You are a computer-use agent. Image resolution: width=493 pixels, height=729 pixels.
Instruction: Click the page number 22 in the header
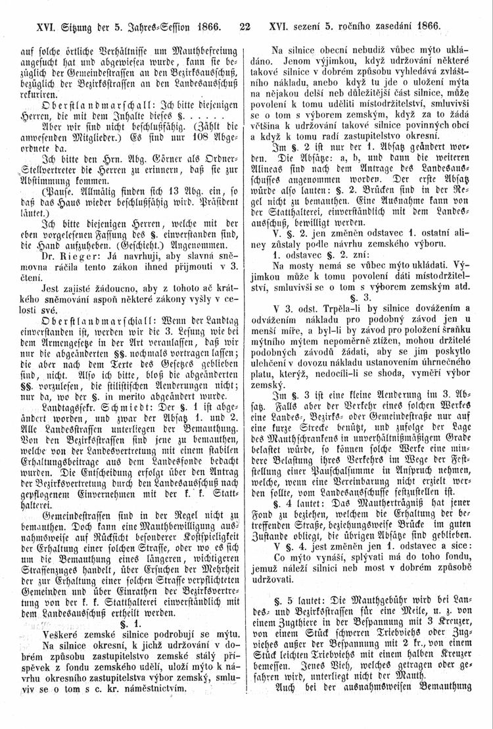tap(246, 28)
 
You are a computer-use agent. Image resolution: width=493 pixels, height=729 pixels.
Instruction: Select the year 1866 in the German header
tap(202, 28)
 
